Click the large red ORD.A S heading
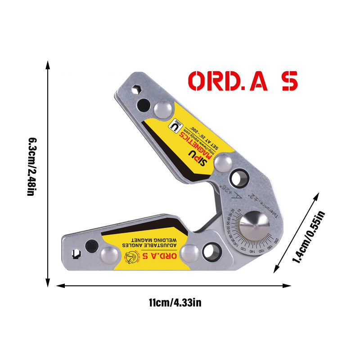[x=243, y=81]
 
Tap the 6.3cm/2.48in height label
[x=31, y=167]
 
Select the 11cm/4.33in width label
[x=175, y=302]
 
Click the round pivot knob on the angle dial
[x=255, y=225]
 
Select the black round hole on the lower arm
[x=91, y=246]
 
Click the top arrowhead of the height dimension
[x=47, y=65]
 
